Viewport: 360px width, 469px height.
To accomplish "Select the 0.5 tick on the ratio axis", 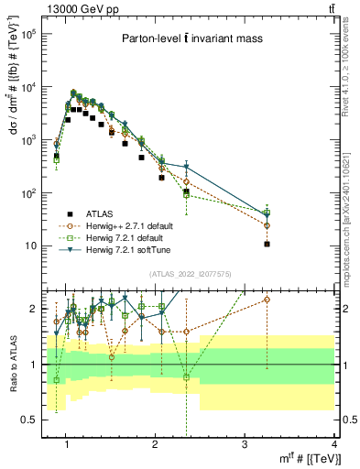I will [30, 420].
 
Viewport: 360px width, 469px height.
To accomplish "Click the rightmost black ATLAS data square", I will [267, 244].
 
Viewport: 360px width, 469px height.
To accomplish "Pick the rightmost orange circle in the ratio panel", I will [267, 300].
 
